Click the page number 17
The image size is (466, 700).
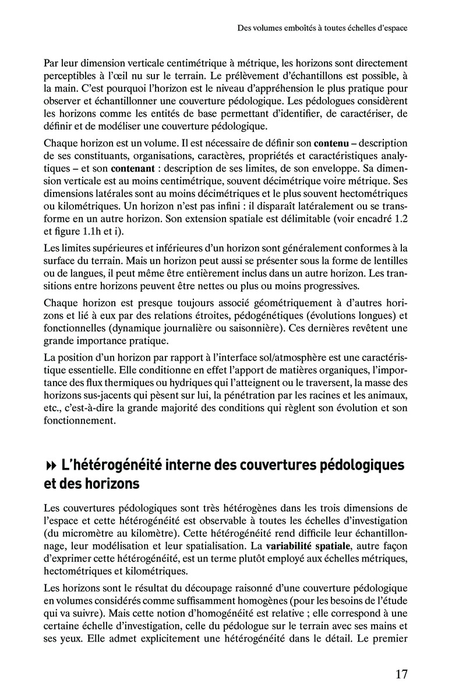[x=401, y=674]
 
